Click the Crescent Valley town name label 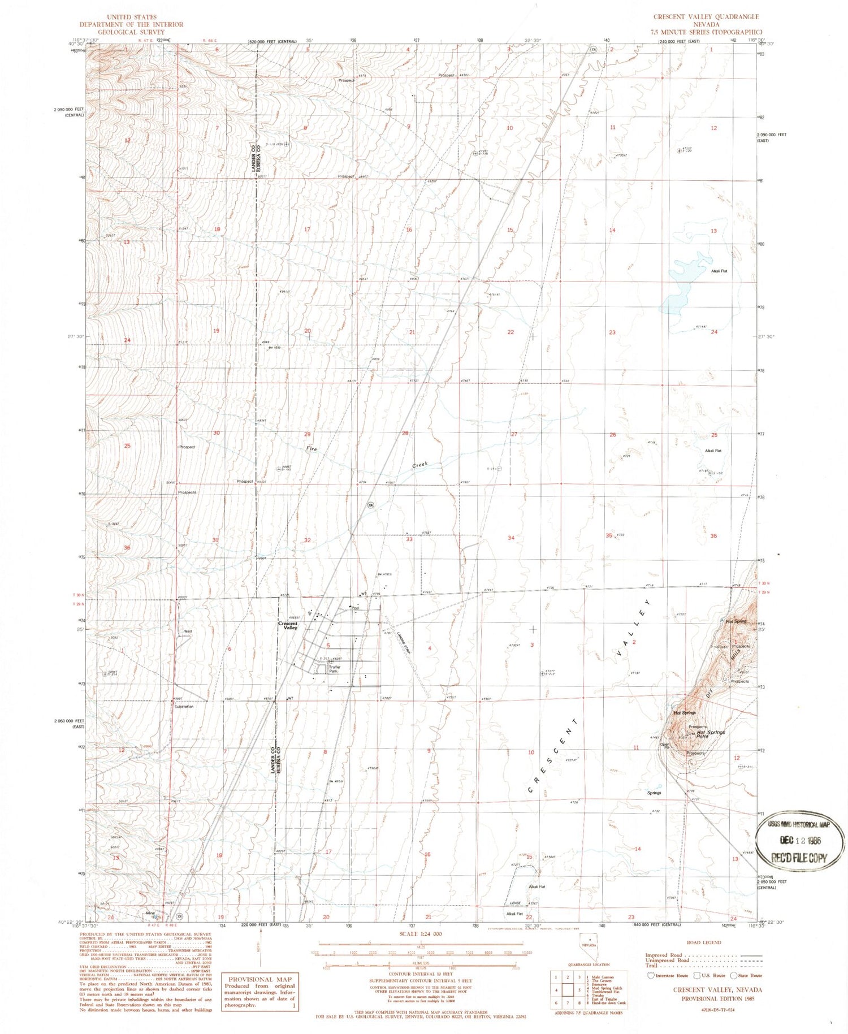point(288,625)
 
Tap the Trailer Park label point(335,669)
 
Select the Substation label point(184,707)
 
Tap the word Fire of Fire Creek point(311,449)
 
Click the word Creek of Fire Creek point(420,465)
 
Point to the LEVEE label point(514,903)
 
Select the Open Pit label point(665,746)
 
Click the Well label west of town point(187,631)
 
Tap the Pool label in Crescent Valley point(355,608)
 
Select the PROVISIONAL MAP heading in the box point(260,979)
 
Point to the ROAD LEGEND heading point(703,942)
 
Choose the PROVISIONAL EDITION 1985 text point(717,998)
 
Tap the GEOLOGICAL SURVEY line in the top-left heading point(131,32)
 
